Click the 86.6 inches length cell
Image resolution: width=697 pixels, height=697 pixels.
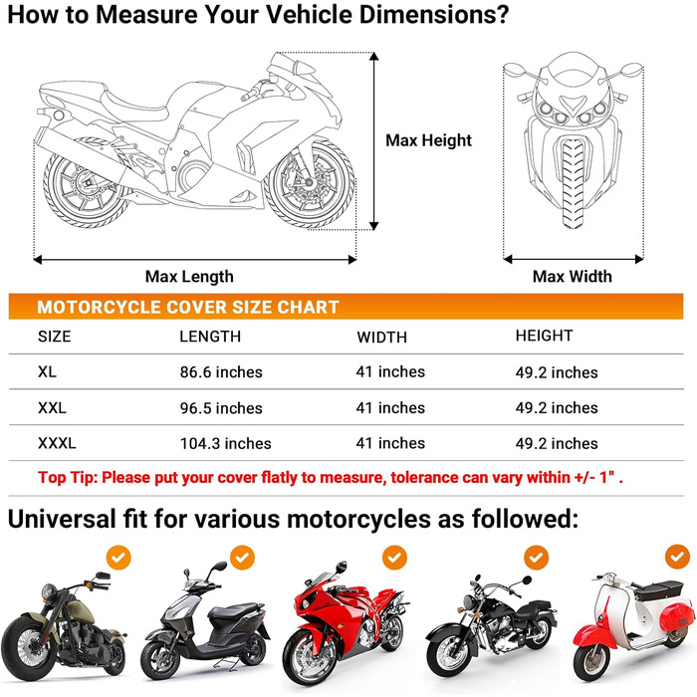(221, 372)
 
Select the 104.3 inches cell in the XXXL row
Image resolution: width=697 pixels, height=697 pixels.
(225, 444)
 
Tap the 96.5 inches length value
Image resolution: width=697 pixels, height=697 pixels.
(221, 408)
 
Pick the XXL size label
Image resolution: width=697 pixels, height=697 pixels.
(52, 407)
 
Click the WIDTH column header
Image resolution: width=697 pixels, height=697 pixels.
(381, 338)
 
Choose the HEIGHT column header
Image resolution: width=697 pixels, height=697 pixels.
(544, 336)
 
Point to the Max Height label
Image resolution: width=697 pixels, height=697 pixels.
(428, 140)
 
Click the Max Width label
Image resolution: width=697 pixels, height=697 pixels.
(573, 277)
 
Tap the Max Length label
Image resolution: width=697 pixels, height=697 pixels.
(189, 277)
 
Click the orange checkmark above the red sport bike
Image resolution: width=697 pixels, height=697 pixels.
(394, 558)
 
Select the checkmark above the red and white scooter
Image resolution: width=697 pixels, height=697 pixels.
(677, 557)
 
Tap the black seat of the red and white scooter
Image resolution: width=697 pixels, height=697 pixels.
(658, 590)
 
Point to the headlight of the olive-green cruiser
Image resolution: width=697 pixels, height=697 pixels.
(49, 591)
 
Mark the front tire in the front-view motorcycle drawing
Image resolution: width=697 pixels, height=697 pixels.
(573, 183)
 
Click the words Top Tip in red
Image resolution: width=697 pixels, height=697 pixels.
(67, 478)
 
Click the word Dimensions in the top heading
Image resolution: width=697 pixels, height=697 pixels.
(434, 15)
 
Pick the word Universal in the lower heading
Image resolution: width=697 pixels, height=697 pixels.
(62, 519)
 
